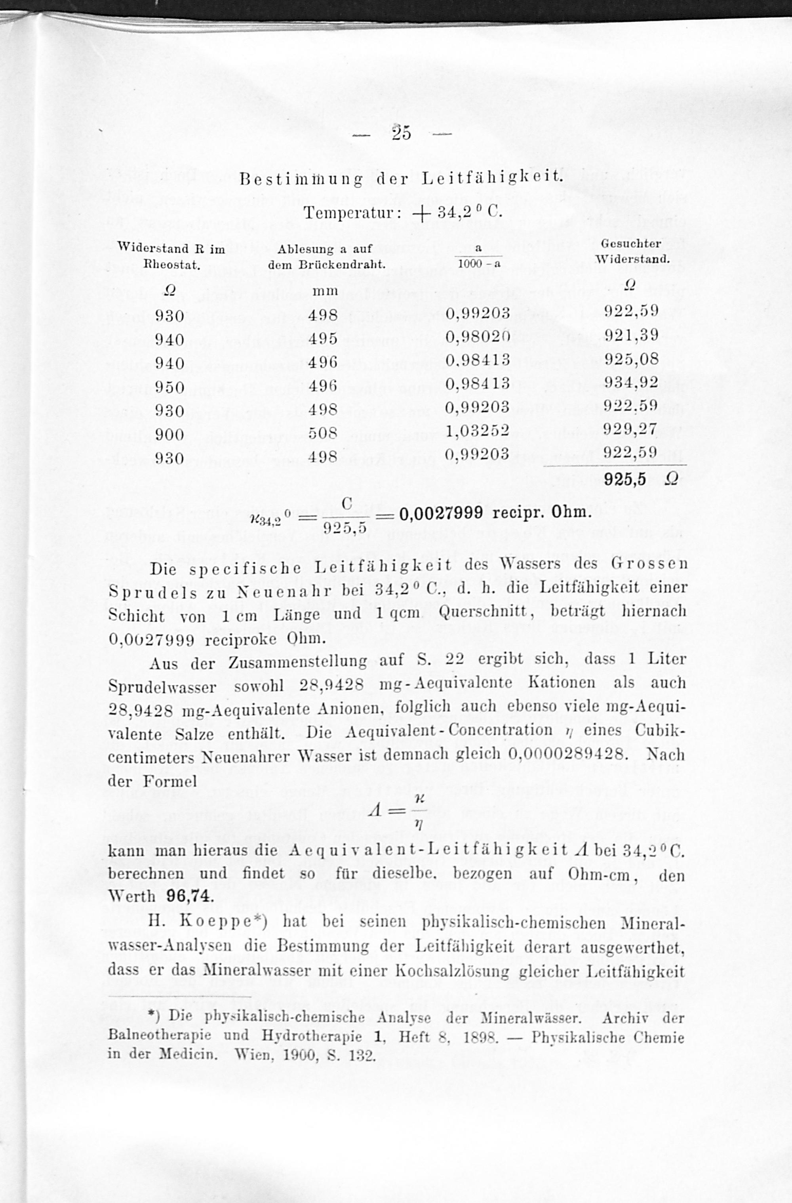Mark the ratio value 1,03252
(x=478, y=431)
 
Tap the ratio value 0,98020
(x=478, y=337)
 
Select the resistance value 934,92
(x=631, y=382)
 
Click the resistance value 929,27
(x=631, y=429)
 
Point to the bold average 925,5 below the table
(x=625, y=479)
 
